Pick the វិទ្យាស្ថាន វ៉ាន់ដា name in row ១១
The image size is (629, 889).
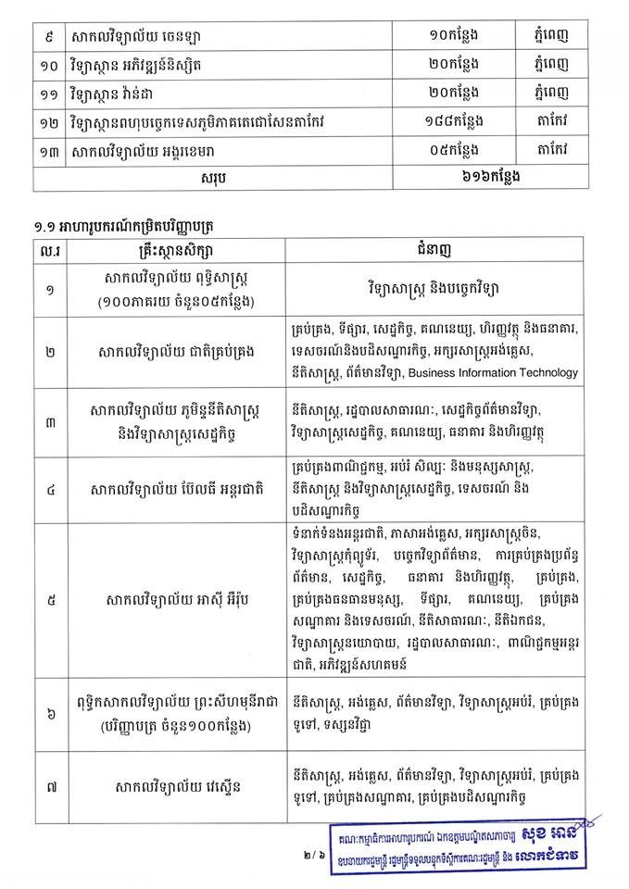point(125,94)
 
